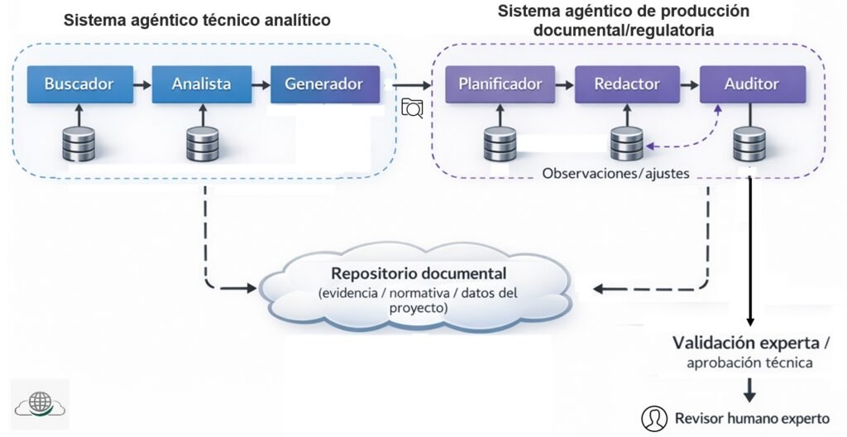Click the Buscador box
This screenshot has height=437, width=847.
coord(79,84)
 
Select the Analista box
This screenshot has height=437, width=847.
coord(201,84)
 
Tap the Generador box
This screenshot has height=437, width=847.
coord(323,84)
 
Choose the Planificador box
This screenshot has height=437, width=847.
coord(500,84)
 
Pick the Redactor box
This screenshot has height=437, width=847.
coord(628,84)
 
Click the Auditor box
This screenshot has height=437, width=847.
coord(751,84)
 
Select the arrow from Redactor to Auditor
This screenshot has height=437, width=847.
coord(689,84)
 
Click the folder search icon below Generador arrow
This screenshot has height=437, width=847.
coord(412,108)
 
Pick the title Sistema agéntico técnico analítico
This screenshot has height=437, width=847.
coord(197,20)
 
